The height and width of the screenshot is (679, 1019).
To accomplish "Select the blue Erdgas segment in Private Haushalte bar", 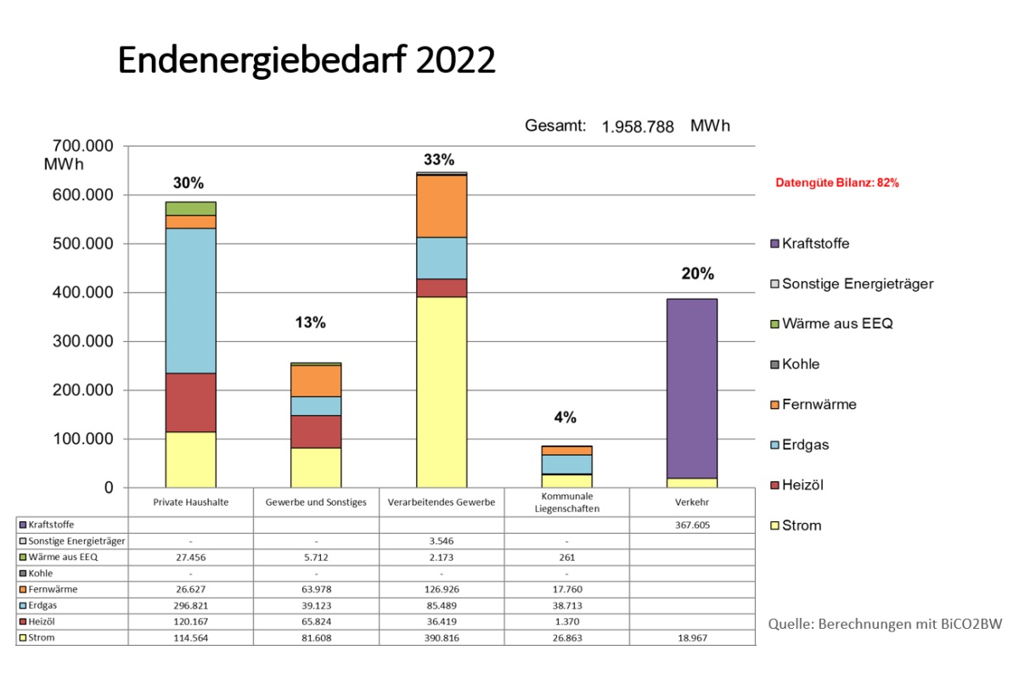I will [x=191, y=300].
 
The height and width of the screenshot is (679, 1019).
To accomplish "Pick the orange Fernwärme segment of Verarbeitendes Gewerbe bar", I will [x=442, y=205].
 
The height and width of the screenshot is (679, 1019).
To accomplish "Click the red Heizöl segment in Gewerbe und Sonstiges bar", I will [x=316, y=431].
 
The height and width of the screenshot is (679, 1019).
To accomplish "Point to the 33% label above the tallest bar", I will [x=439, y=160].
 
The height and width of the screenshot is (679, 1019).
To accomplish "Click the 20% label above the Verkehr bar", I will [x=697, y=274].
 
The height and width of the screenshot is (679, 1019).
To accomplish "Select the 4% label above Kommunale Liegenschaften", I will [x=565, y=418].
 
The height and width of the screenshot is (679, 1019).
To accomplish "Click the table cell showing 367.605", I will [x=692, y=525].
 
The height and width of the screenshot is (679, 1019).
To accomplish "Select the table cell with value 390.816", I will [x=442, y=637].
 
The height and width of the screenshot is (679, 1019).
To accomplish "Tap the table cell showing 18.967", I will [x=692, y=637].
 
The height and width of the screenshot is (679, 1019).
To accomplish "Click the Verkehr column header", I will [x=692, y=502].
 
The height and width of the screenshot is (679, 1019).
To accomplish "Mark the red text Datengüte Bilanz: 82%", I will [x=837, y=182].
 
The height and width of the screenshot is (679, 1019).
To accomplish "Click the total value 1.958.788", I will [x=638, y=127].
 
